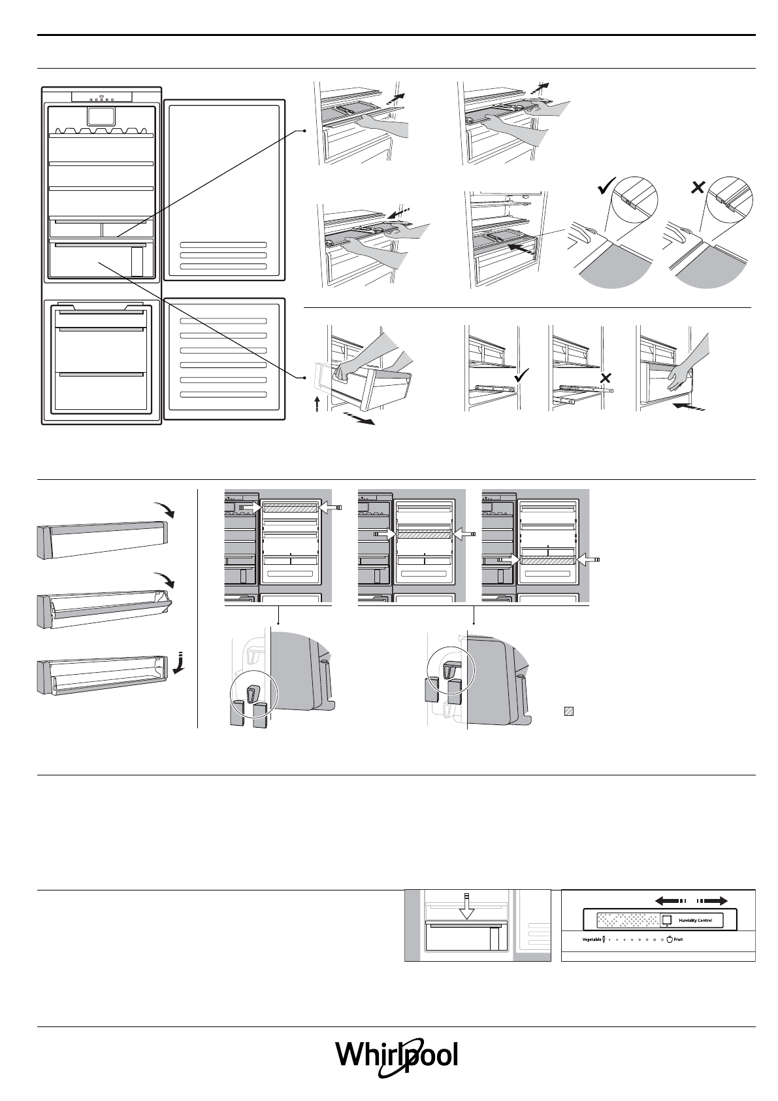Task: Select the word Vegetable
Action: [592, 940]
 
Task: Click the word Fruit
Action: [679, 940]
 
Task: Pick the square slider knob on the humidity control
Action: [667, 920]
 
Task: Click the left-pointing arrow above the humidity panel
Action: [670, 900]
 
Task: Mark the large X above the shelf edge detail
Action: [697, 188]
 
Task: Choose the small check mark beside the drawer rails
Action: [522, 375]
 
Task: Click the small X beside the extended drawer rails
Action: [606, 377]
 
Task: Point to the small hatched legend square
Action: [568, 712]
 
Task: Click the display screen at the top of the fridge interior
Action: [101, 117]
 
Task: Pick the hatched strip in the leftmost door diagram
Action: [289, 507]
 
